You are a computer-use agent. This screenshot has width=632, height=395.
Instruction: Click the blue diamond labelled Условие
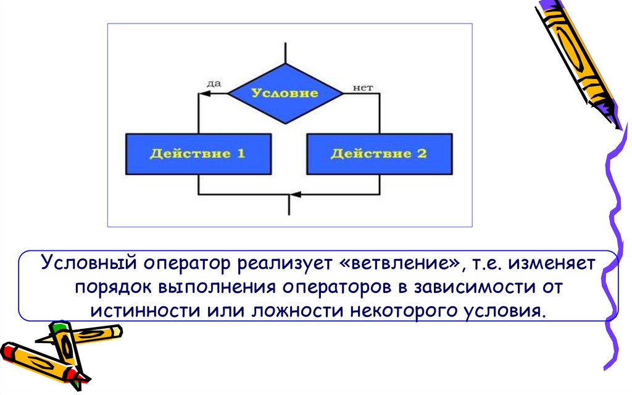285,93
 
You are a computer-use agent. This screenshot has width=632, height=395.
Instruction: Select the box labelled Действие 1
197,153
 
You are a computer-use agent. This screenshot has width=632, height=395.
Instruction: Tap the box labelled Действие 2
379,153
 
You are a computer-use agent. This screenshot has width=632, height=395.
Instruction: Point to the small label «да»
213,83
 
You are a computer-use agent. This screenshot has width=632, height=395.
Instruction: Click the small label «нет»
363,88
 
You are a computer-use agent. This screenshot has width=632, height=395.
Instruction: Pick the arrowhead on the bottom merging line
295,194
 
